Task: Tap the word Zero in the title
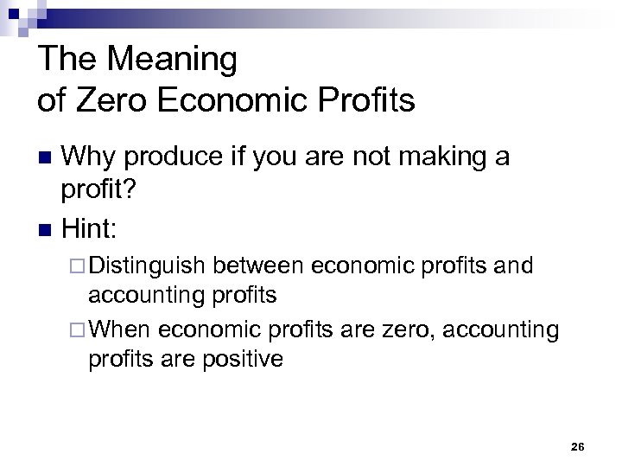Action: [109, 100]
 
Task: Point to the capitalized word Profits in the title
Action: [364, 100]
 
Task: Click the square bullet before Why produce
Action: [48, 159]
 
